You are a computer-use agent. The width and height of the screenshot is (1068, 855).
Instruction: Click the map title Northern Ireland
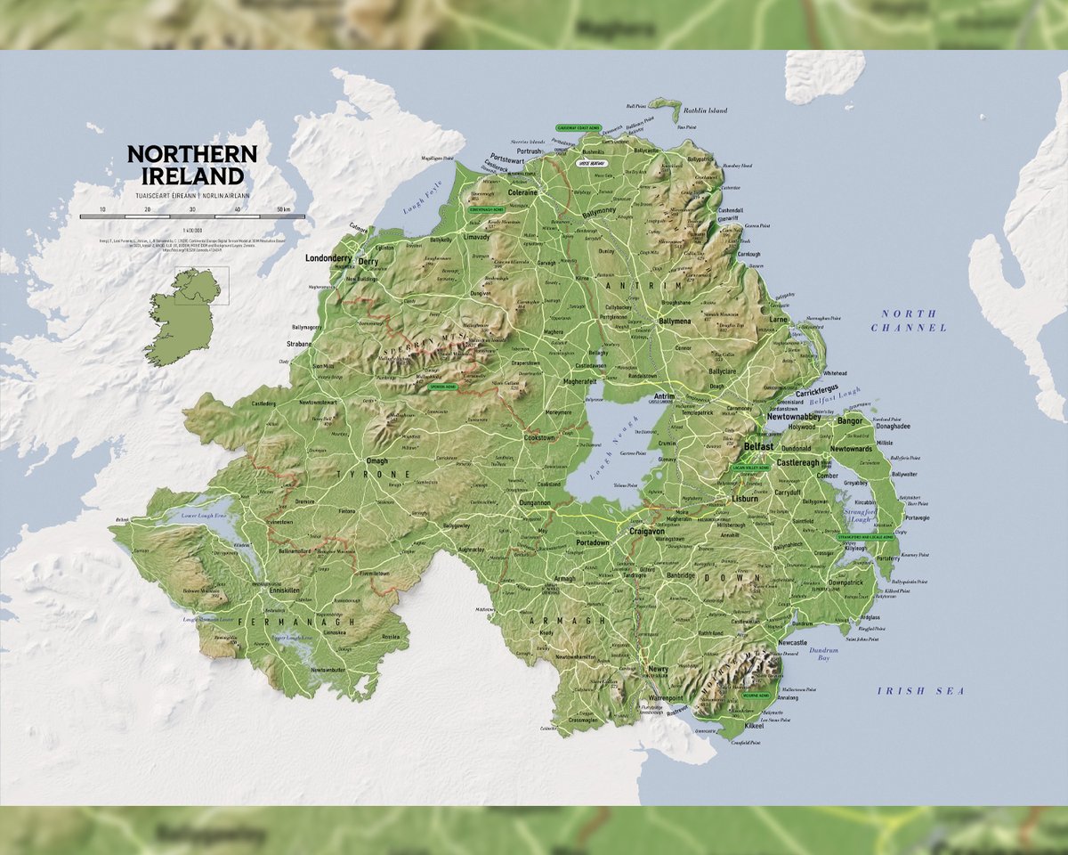click(x=191, y=165)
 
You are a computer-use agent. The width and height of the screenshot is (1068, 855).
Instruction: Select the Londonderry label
click(x=329, y=258)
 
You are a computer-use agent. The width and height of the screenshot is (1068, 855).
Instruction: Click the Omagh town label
click(x=377, y=460)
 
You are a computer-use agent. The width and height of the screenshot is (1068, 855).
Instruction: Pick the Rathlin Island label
click(x=705, y=110)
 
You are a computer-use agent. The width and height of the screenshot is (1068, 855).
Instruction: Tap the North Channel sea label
click(x=909, y=321)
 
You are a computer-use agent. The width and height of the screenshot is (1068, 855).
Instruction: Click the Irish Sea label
click(x=920, y=691)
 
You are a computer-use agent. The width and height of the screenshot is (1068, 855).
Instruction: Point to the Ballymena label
click(x=674, y=321)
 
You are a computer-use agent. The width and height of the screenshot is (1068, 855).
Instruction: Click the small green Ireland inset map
click(x=182, y=316)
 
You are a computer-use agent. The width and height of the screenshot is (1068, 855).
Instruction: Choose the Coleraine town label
click(x=522, y=191)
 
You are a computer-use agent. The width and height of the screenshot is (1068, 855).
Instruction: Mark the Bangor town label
click(x=850, y=419)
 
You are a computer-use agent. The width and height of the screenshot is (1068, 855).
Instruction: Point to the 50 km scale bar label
click(x=285, y=208)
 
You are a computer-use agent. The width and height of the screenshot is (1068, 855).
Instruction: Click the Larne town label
click(x=779, y=319)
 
